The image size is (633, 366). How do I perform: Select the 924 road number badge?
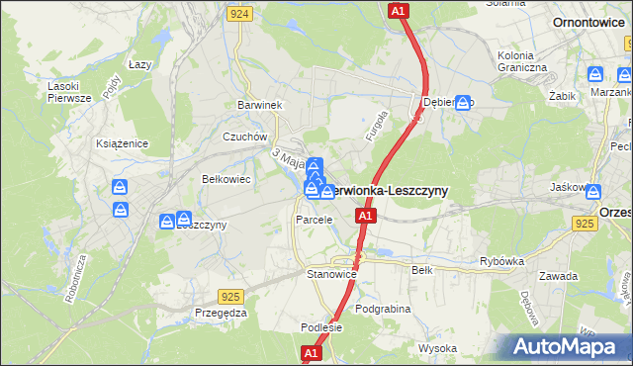click(237, 14)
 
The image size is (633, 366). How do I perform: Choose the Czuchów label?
click(245, 137)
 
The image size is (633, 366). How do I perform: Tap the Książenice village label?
click(122, 143)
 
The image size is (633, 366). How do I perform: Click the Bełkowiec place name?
click(226, 179)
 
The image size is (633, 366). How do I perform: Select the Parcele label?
click(314, 220)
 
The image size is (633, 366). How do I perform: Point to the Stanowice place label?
click(331, 273)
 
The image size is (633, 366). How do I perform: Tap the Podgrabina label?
click(382, 309)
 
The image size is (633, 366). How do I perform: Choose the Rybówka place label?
click(500, 261)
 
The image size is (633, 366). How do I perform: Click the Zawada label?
click(559, 276)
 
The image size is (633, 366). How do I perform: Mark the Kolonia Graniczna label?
click(522, 59)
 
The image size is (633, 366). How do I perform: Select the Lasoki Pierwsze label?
click(69, 91)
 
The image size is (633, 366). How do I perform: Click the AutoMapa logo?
click(569, 346)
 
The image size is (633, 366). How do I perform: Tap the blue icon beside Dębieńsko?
click(462, 102)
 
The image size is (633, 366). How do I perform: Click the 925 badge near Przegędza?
click(231, 296)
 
